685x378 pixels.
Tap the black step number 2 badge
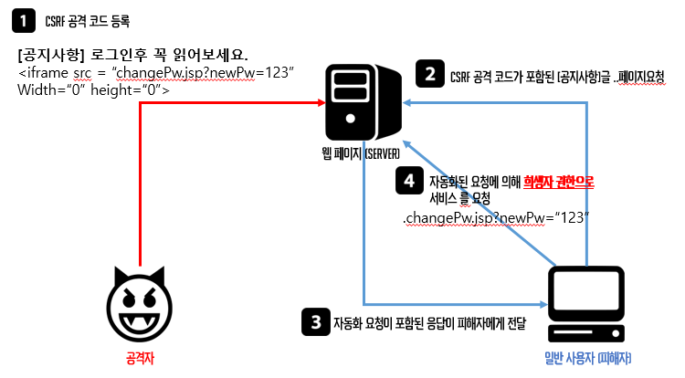[428, 73]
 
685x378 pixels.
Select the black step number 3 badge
[316, 320]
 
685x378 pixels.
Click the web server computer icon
[362, 102]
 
